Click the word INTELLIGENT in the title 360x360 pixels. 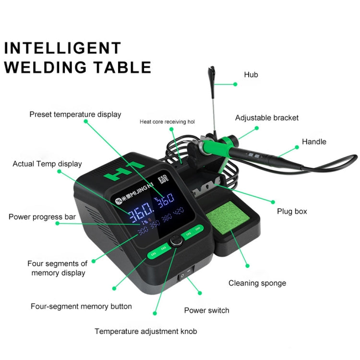click(x=63, y=48)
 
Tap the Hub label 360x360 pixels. click(x=251, y=74)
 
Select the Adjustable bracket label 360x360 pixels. click(x=266, y=118)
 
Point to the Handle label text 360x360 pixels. click(x=314, y=142)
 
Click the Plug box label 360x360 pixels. click(x=292, y=211)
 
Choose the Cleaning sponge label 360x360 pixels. click(x=257, y=283)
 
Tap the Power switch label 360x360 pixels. click(x=206, y=310)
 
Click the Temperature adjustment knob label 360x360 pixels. click(x=145, y=331)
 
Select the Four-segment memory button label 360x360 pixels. click(x=81, y=306)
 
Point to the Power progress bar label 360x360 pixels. click(x=42, y=217)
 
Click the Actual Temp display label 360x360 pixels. click(x=47, y=164)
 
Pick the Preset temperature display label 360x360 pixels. click(x=75, y=114)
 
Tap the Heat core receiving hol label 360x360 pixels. click(x=167, y=122)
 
